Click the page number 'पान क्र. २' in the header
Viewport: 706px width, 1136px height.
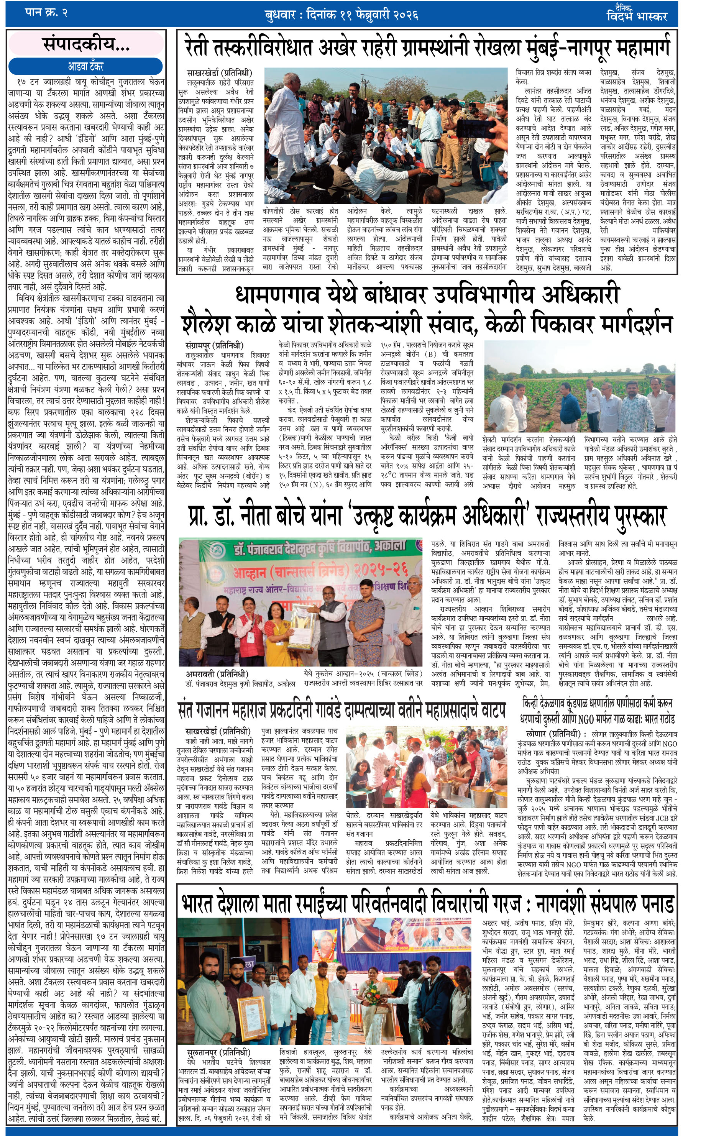[x=46, y=13]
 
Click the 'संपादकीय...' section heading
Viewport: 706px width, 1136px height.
[x=86, y=44]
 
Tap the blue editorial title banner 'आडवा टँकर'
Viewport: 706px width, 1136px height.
[x=85, y=66]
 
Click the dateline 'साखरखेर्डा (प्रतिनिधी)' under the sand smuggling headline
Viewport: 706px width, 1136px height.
[x=219, y=73]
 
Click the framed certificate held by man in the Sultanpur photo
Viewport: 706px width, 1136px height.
[x=252, y=1012]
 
